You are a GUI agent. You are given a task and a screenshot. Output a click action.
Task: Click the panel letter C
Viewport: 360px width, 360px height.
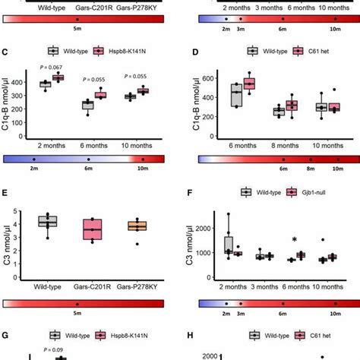6,53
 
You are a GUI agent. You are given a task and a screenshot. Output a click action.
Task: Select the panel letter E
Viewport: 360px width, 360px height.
6,193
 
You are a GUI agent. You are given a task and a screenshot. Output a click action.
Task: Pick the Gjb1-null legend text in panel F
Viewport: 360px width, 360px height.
302,193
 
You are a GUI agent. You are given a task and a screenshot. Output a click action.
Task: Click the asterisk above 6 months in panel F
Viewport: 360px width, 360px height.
294,242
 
